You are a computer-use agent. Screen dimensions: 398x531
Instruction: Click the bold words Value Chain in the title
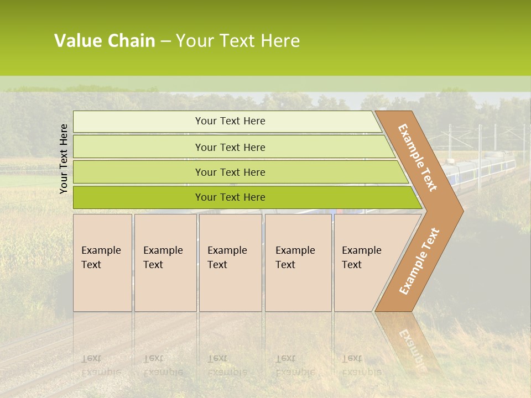tap(105, 41)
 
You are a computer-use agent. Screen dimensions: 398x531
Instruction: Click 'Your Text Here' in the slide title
tap(238, 41)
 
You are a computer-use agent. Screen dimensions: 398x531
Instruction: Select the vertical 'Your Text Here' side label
tap(64, 159)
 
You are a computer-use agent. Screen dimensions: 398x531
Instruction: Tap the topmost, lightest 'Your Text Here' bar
tap(230, 121)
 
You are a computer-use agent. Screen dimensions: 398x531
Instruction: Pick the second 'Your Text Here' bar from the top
tap(230, 147)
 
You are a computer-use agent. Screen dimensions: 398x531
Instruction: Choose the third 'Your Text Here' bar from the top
tap(230, 172)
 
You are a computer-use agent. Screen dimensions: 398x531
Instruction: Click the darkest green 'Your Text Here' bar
tap(230, 197)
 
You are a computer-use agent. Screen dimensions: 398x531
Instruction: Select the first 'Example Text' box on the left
tap(102, 263)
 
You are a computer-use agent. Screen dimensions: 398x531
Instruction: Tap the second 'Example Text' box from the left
tap(165, 263)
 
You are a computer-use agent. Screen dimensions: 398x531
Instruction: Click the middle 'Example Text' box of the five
tap(230, 263)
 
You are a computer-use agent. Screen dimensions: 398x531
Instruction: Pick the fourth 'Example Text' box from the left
tap(298, 263)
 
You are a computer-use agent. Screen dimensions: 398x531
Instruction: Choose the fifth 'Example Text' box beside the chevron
tap(362, 263)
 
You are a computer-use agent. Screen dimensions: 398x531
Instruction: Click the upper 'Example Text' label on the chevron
tap(418, 158)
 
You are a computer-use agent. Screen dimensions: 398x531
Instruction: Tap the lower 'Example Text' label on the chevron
tap(419, 261)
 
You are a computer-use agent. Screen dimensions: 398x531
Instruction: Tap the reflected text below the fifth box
tap(361, 365)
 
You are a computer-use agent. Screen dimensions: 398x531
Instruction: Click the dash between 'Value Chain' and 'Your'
tap(165, 41)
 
